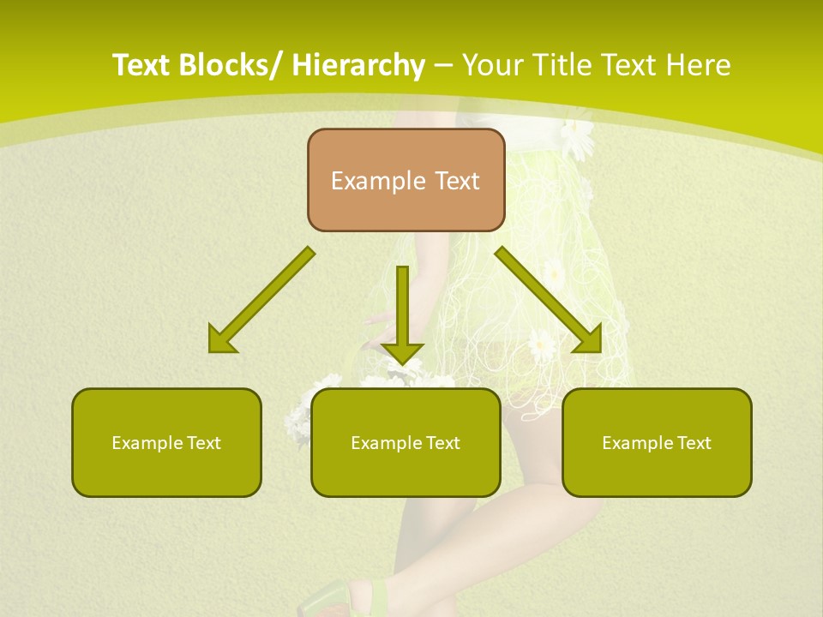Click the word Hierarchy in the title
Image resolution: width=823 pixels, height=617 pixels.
[357, 65]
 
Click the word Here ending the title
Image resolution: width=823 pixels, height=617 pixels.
[700, 65]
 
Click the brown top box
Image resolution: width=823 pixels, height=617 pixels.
[405, 180]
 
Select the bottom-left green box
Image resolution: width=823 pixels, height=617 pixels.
[166, 442]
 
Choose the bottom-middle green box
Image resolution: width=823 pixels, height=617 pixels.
[405, 442]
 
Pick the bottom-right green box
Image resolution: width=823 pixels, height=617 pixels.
[657, 442]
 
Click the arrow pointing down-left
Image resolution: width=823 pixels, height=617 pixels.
[261, 301]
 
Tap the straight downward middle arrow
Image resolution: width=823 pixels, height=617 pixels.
[402, 314]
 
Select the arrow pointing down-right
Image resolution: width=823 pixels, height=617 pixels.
[549, 300]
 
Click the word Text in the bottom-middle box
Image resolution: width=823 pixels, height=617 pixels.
[442, 443]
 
